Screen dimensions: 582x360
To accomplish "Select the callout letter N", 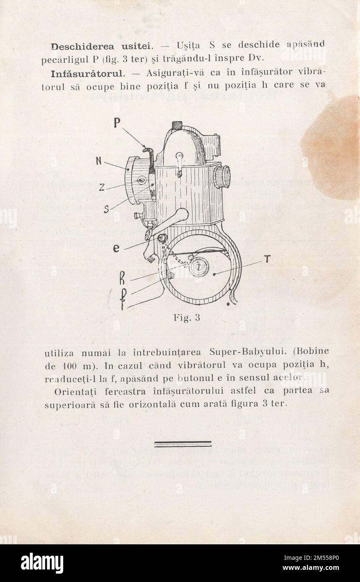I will tap(99, 160).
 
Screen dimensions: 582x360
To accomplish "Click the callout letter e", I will tap(116, 249).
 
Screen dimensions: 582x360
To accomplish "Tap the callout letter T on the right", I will tap(267, 260).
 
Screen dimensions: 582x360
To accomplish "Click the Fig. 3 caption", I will tap(187, 318).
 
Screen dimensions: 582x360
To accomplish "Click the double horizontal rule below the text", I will tap(183, 444).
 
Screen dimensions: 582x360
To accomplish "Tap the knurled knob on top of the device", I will tap(177, 125).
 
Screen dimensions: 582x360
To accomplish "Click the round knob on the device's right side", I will tap(222, 176).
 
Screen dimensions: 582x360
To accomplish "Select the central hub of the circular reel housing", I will tap(199, 267).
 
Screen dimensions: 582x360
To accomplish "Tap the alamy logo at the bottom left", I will tap(42, 563).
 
